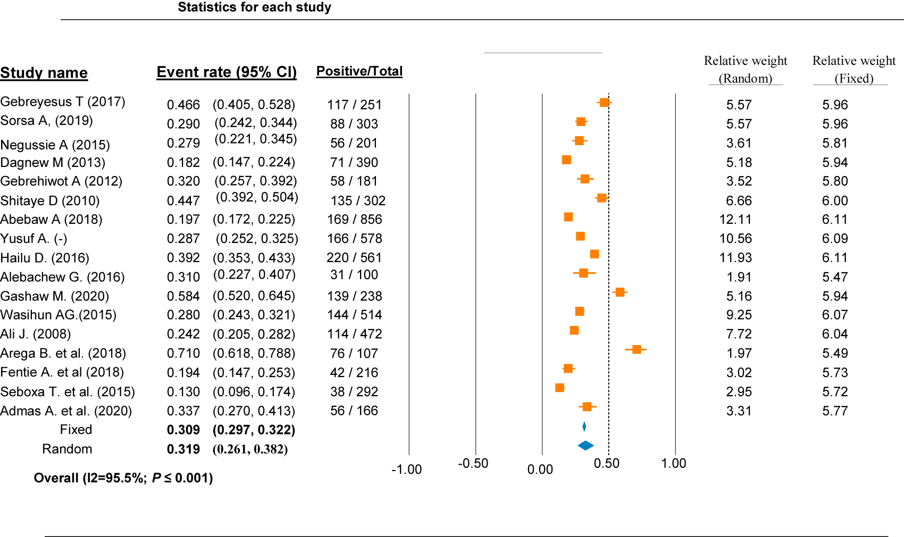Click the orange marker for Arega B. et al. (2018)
coord(636,349)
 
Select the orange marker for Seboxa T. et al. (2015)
coord(559,388)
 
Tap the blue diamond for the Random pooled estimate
coord(585,446)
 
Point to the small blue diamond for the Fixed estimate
coord(584,426)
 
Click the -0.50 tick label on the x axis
coord(473,464)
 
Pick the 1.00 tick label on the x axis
coord(673,464)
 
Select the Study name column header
coord(44,73)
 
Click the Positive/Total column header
coord(359,71)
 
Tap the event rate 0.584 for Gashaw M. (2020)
coord(183,296)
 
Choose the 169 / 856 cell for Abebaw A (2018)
coord(354,220)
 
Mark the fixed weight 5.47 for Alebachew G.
coord(834,277)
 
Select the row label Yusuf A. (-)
coord(34,239)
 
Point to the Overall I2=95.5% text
coord(123,478)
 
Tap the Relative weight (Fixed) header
coord(853,69)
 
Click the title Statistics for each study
coord(254,7)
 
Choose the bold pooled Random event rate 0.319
coord(183,449)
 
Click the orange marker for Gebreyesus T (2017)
coord(604,102)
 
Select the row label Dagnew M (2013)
coord(53,163)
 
